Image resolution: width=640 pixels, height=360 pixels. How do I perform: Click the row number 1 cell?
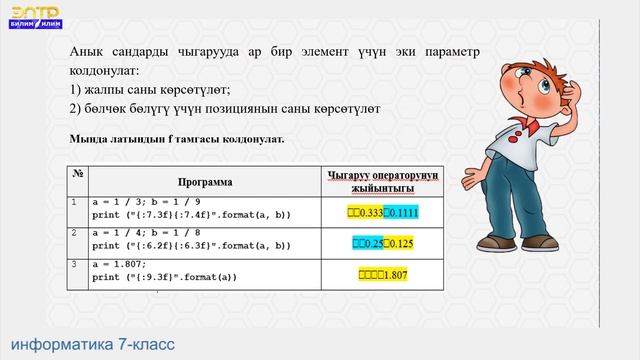coord(76,202)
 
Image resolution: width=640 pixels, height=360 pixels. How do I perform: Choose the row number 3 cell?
coord(76,263)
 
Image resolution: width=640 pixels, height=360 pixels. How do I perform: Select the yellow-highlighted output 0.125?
coord(399,243)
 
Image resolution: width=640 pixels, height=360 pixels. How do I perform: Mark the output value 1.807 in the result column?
coord(399,274)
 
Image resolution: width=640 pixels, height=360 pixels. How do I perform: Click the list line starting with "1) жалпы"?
coord(150,89)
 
